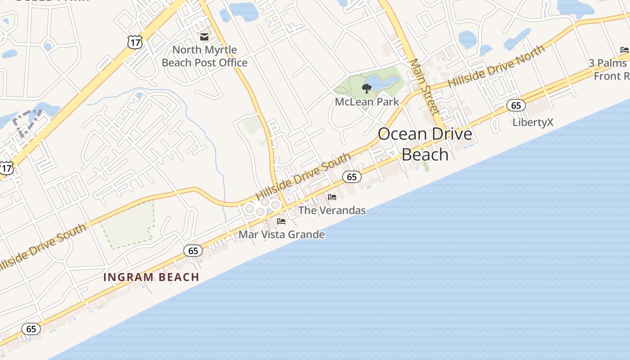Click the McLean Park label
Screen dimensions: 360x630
(x=367, y=102)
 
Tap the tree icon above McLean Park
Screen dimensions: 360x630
(x=367, y=89)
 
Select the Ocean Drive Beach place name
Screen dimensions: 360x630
(x=425, y=144)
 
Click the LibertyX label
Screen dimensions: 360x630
(x=533, y=122)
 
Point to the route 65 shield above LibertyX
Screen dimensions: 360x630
(x=516, y=106)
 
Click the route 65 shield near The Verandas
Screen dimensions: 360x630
(x=352, y=177)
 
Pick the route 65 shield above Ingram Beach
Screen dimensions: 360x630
(x=193, y=251)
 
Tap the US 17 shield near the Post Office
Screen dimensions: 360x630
(x=135, y=43)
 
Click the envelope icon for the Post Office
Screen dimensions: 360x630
(x=204, y=37)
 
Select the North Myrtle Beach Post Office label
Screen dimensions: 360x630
(x=204, y=56)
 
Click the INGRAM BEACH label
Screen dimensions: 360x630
(x=151, y=277)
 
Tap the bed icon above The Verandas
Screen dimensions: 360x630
(x=332, y=197)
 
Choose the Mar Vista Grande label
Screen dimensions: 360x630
(x=281, y=234)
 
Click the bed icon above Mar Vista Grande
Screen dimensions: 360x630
(x=281, y=221)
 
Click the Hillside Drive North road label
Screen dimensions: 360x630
(x=496, y=67)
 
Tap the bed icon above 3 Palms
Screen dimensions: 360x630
(x=624, y=49)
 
